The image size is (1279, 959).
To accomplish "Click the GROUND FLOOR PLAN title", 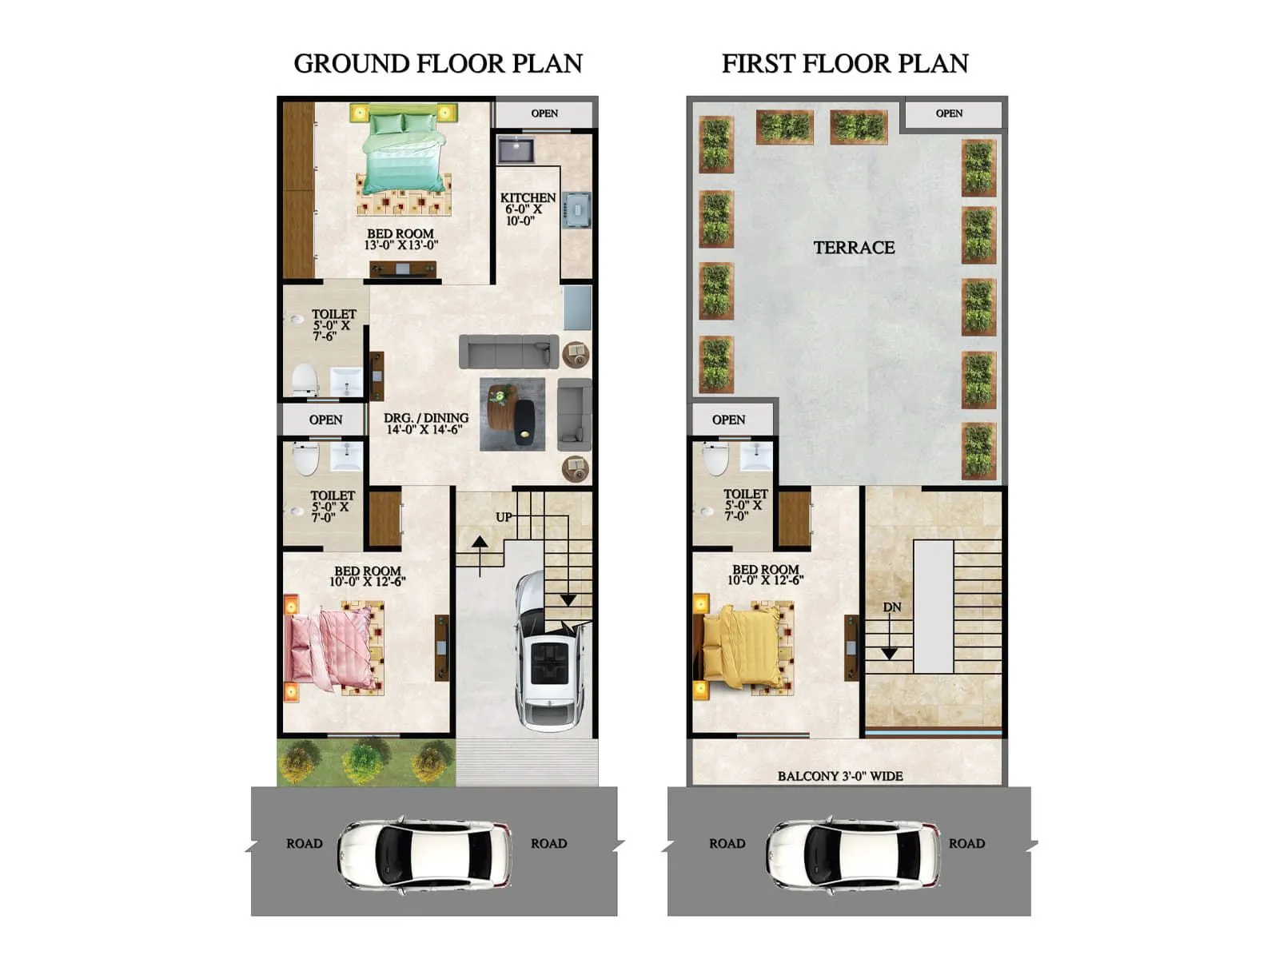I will click(x=438, y=63).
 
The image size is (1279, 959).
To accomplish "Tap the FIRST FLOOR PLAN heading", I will click(x=845, y=63).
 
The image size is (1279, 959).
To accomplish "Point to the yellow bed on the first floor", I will click(x=739, y=646).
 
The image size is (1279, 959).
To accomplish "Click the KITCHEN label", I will click(x=528, y=197).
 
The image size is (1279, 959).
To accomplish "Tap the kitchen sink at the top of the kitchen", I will click(x=516, y=149).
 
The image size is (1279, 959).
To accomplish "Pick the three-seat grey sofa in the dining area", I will click(x=508, y=352).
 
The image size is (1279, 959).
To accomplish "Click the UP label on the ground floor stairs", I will click(x=504, y=517).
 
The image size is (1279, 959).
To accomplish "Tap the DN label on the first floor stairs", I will click(x=892, y=607).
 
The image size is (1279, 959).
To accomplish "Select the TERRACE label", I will click(x=854, y=248).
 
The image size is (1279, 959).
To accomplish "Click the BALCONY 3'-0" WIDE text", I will click(x=840, y=776).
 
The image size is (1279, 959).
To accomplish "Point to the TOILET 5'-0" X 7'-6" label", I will click(x=333, y=324).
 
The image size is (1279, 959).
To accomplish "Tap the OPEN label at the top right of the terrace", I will click(x=949, y=113).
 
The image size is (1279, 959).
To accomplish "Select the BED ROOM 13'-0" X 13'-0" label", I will click(x=400, y=240).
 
